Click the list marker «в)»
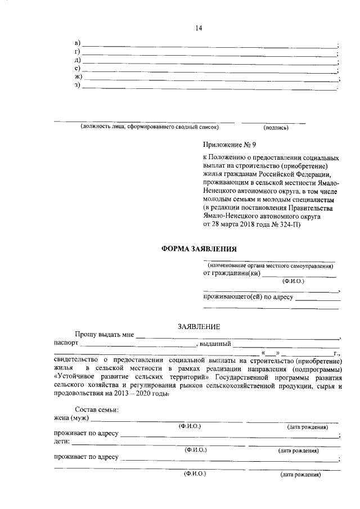78,44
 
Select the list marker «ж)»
78,76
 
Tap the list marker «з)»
78,85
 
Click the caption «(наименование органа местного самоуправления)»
269,264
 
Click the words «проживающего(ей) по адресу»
248,296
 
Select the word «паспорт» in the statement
66,344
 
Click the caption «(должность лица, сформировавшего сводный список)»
145,127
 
